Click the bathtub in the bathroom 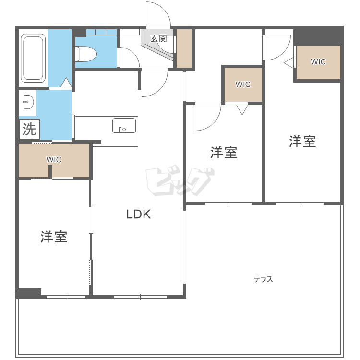click(x=33, y=58)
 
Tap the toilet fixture click(x=86, y=54)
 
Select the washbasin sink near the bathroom click(x=28, y=102)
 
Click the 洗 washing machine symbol click(x=29, y=129)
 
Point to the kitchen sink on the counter click(x=124, y=125)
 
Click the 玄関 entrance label click(x=158, y=38)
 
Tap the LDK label click(x=138, y=214)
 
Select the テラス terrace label click(x=264, y=279)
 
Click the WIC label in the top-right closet click(x=318, y=62)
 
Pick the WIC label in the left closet click(x=54, y=159)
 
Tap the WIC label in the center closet click(x=243, y=84)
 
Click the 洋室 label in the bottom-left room click(x=54, y=237)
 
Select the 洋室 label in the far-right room click(x=302, y=141)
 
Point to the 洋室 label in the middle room click(x=224, y=152)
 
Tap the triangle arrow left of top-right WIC click(x=289, y=63)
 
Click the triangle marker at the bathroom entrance click(x=66, y=82)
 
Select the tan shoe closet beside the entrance click(x=184, y=48)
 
